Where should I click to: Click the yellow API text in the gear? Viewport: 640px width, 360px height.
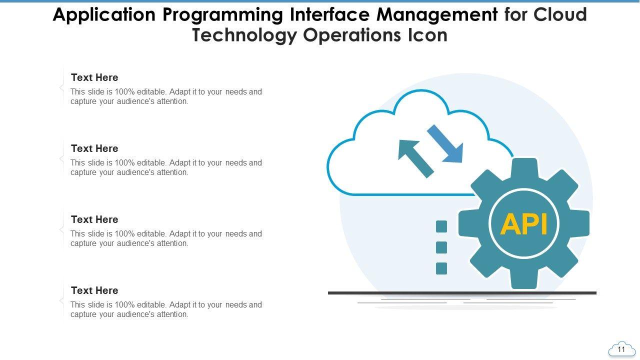[x=524, y=224]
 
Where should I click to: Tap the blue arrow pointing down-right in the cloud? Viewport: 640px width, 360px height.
[x=446, y=144]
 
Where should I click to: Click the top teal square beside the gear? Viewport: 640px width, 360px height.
[x=441, y=226]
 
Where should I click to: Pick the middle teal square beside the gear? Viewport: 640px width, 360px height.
[x=441, y=247]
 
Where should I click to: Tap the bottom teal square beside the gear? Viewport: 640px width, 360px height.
[x=441, y=268]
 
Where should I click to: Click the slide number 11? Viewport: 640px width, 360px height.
[x=621, y=349]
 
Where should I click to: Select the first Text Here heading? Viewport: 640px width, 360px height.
[x=94, y=77]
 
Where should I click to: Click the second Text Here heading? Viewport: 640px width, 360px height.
[x=94, y=148]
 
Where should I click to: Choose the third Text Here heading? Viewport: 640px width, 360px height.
[x=94, y=219]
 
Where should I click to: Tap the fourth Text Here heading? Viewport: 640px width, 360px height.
[x=94, y=290]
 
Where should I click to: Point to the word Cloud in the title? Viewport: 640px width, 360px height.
[x=560, y=15]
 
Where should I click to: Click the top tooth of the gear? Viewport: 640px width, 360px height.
[x=524, y=167]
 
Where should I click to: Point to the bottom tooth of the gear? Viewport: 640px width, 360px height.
[x=524, y=281]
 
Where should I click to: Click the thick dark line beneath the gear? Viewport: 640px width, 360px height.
[x=462, y=293]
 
